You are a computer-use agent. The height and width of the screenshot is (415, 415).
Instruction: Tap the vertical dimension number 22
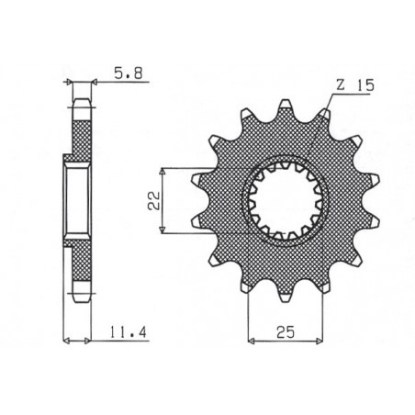(157, 200)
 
